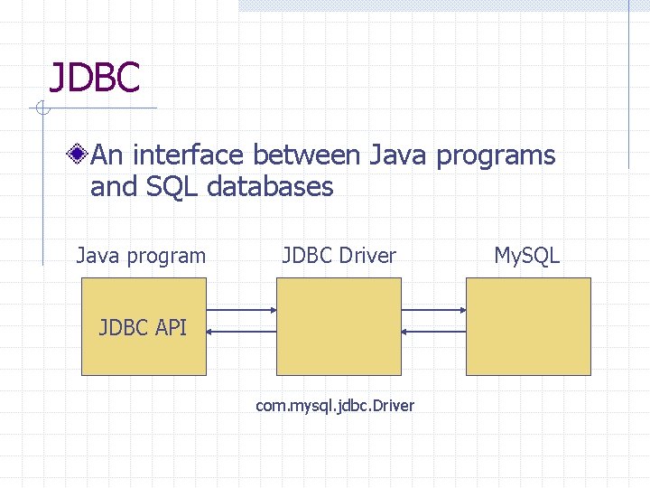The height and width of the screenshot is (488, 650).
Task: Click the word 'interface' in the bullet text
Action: (190, 155)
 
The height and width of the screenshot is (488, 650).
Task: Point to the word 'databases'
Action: (270, 187)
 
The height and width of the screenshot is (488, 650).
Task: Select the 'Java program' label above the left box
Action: (141, 256)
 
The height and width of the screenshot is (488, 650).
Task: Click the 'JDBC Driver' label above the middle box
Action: (339, 256)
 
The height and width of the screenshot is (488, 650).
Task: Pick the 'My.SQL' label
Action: (526, 256)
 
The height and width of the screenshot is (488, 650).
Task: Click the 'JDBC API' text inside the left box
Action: (143, 326)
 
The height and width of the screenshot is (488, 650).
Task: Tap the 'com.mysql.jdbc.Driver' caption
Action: (335, 406)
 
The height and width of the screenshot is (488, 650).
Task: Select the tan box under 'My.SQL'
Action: (528, 326)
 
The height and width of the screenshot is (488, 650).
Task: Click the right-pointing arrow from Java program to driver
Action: (241, 310)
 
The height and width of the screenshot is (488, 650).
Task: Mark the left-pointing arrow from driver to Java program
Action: (241, 332)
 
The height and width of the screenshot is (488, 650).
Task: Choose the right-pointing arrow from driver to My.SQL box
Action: (433, 310)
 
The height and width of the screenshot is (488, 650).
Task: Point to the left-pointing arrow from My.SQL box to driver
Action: (433, 332)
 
